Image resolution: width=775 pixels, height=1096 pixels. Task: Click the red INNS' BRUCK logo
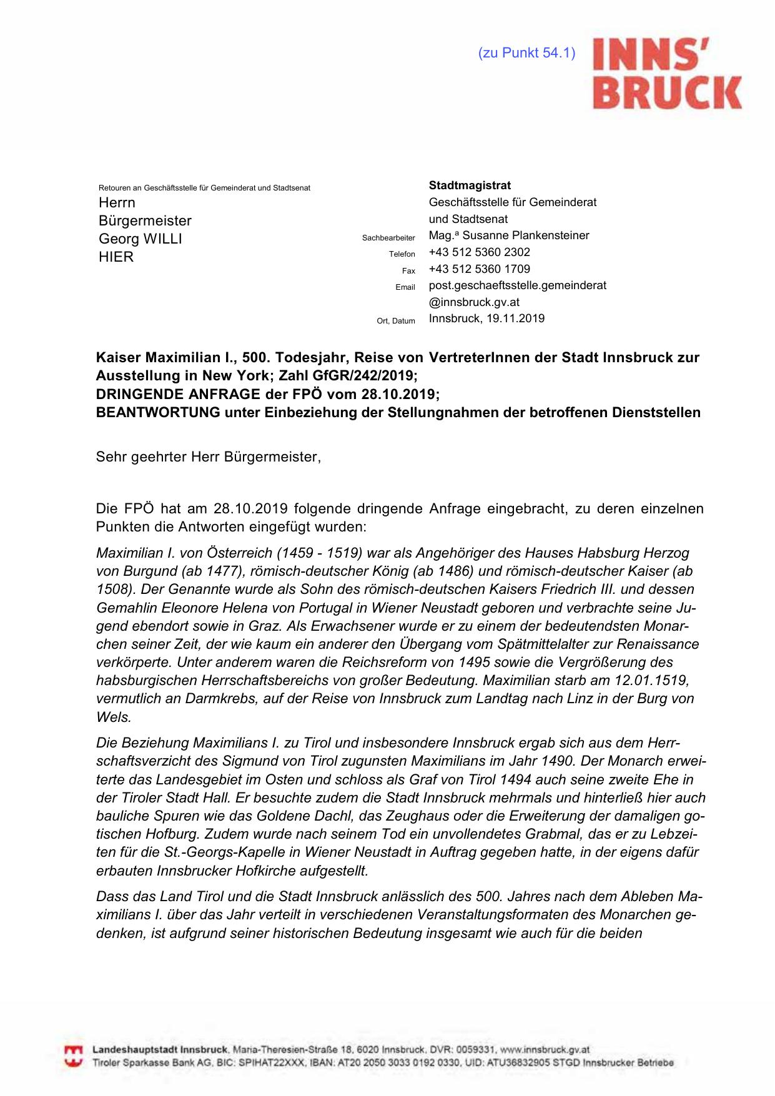[666, 73]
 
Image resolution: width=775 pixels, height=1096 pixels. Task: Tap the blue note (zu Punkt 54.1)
[526, 53]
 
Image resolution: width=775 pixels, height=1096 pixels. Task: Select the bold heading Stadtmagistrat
[470, 185]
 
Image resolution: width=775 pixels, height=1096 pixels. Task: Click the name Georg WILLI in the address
[141, 239]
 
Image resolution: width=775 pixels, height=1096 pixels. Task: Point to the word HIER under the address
[116, 257]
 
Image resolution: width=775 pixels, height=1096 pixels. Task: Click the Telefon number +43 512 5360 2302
[480, 252]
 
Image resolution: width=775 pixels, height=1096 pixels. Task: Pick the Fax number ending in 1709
[480, 269]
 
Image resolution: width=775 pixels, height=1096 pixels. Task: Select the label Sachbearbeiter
[388, 238]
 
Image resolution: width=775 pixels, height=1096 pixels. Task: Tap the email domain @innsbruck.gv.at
[474, 302]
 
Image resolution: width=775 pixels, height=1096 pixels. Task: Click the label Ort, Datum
[396, 321]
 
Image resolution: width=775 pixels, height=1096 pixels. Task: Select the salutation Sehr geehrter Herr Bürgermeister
[208, 457]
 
